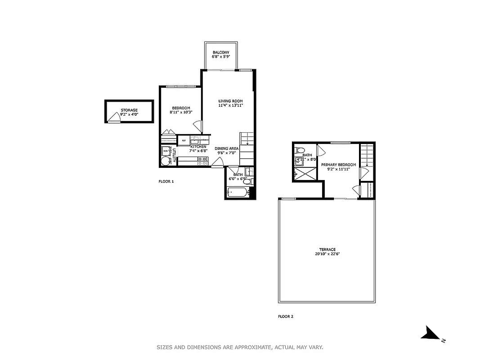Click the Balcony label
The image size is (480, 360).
click(221, 53)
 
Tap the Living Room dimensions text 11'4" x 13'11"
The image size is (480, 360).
click(230, 105)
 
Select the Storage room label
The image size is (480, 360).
click(129, 110)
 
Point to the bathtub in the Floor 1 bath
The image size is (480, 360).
click(237, 193)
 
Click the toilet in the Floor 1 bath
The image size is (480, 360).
click(251, 182)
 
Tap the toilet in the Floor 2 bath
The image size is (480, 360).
click(300, 150)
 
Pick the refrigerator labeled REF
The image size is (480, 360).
click(184, 141)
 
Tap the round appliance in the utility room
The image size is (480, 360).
click(165, 161)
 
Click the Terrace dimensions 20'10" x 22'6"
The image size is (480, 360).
click(327, 254)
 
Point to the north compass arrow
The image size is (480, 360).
click(431, 333)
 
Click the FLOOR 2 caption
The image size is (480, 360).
click(285, 316)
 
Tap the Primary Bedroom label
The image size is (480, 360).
click(338, 165)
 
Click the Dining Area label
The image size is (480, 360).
click(226, 148)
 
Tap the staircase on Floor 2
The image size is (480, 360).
click(367, 155)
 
